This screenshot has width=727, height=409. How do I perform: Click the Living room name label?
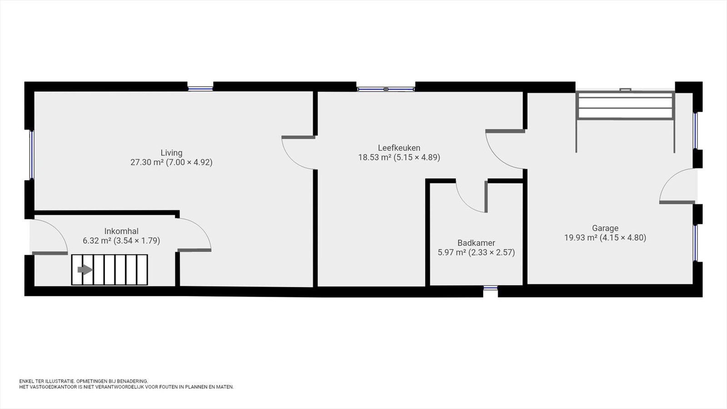(171, 153)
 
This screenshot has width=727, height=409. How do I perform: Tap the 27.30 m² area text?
(171, 162)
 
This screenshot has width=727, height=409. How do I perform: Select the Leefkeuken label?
(399, 148)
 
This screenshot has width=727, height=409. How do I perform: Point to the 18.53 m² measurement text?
(399, 157)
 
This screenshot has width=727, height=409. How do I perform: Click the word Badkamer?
(476, 243)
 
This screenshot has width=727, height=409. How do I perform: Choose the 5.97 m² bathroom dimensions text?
(476, 253)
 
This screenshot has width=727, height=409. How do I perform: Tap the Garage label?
(605, 228)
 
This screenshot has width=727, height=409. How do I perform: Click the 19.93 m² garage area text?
(605, 238)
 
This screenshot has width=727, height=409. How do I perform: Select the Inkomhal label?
(121, 231)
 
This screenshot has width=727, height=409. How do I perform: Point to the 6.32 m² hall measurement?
(121, 241)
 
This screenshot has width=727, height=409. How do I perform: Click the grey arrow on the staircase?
(85, 270)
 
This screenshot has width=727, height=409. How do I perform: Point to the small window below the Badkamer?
(490, 288)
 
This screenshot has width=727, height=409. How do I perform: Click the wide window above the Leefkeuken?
(386, 89)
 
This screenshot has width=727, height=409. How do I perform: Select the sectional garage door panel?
(625, 106)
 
